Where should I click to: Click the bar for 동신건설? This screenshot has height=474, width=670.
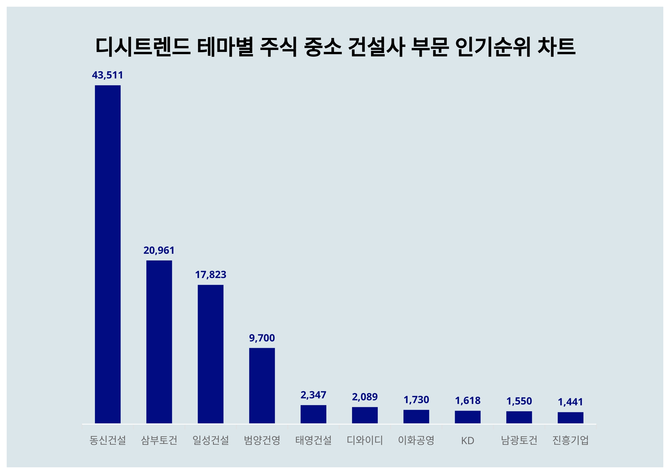pos(108,254)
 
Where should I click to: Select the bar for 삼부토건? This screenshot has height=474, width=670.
pos(159,341)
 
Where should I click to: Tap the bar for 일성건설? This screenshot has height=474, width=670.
pos(210,354)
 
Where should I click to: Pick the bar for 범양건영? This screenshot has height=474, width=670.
pos(262,385)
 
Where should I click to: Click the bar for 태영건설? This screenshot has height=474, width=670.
pos(314,414)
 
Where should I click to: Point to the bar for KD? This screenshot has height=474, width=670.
pos(468,417)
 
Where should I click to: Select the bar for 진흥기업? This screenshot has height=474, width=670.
pos(571,417)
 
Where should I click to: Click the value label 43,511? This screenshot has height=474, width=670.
pos(107,75)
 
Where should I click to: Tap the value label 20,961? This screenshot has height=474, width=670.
pos(159,250)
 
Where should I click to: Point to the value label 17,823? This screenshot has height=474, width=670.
pos(210,275)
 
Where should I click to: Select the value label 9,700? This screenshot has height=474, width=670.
pos(262,338)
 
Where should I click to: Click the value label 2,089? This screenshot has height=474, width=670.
pos(365,397)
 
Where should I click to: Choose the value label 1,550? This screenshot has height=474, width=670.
pos(519,401)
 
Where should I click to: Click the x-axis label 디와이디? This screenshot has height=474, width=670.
pos(365,440)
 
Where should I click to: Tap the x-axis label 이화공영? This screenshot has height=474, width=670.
pos(416,440)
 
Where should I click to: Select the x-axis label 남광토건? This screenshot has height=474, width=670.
pos(519,440)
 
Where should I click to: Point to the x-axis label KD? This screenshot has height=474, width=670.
pos(468,441)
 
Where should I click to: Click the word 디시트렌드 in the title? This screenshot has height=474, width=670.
pos(143,47)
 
